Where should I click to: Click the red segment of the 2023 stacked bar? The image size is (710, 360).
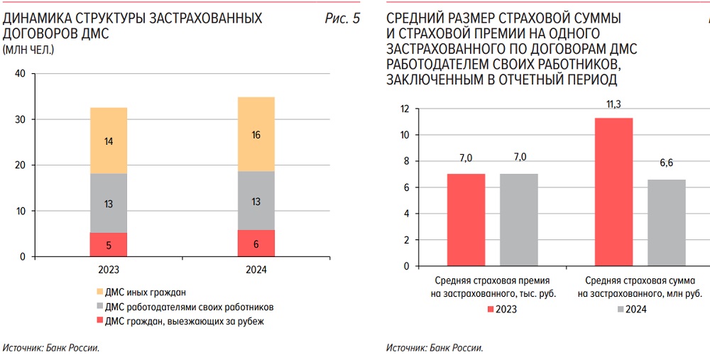tap(108, 244)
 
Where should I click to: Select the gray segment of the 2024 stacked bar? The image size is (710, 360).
tap(256, 200)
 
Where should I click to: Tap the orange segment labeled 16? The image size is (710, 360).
tap(256, 134)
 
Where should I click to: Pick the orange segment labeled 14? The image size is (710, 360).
tap(108, 141)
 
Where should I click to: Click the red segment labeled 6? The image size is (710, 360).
tap(256, 243)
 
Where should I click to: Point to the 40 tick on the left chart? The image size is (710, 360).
tap(20, 74)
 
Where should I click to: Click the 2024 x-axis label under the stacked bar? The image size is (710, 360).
tap(256, 271)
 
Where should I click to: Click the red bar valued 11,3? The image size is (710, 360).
tap(613, 192)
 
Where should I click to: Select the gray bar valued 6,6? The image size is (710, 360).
tap(667, 223)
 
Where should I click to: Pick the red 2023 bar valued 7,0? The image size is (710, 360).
tap(466, 219)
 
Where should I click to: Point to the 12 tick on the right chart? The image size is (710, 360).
tap(405, 109)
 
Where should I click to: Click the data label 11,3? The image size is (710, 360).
tap(613, 104)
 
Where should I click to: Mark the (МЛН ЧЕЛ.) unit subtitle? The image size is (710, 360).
tap(28, 50)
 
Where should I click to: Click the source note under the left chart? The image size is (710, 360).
tap(51, 348)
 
